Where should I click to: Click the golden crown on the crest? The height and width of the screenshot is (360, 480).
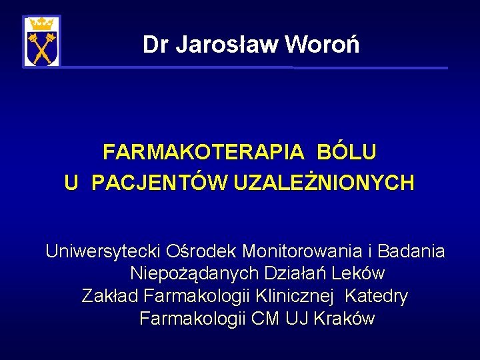(41, 24)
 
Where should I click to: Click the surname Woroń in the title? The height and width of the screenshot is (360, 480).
(323, 44)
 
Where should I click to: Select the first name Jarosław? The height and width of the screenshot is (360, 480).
(227, 45)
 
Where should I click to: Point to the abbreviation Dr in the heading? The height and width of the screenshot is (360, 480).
(155, 45)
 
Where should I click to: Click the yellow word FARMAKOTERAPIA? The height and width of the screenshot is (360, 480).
(203, 151)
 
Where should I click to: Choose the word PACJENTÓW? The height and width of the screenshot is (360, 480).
(159, 182)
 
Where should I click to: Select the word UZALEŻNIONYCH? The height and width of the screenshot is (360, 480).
(324, 182)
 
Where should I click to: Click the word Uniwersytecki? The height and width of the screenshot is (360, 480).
(103, 252)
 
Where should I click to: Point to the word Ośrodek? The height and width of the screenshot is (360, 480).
(201, 251)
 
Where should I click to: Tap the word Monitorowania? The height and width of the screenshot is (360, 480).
(302, 251)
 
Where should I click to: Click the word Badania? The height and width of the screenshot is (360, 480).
(411, 251)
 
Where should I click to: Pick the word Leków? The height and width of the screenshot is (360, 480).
(357, 273)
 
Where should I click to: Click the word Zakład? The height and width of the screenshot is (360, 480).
(110, 296)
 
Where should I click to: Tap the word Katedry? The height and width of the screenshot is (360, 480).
(376, 297)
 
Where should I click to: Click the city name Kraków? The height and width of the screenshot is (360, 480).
(344, 318)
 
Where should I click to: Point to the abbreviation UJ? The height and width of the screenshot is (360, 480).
(297, 319)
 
